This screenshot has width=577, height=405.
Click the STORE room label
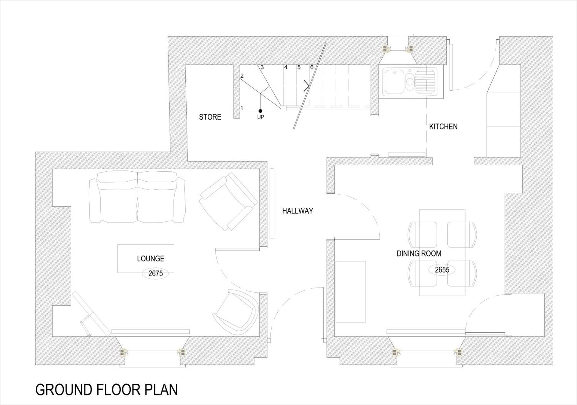pos(210,117)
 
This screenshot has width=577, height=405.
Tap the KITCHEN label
pos(443,127)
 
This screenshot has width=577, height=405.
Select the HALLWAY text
pos(298,211)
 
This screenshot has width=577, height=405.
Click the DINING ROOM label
pos(419,253)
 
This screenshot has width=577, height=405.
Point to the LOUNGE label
pos(151,259)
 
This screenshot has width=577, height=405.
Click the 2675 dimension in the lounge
pos(156,273)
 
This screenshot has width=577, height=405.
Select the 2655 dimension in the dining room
pos(442,270)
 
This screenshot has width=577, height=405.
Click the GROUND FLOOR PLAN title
pos(107,390)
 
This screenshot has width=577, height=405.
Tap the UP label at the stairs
pos(261,117)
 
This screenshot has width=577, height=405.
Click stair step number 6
pos(312,67)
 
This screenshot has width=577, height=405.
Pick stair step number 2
pos(242,76)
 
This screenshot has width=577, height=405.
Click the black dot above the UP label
pos(260,111)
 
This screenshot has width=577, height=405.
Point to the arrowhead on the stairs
pos(307,86)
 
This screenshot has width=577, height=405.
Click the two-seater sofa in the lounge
pos(137,197)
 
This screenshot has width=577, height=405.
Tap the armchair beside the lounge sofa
pos(228,201)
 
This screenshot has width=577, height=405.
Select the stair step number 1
pos(242,108)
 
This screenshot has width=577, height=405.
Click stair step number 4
pos(286,67)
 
